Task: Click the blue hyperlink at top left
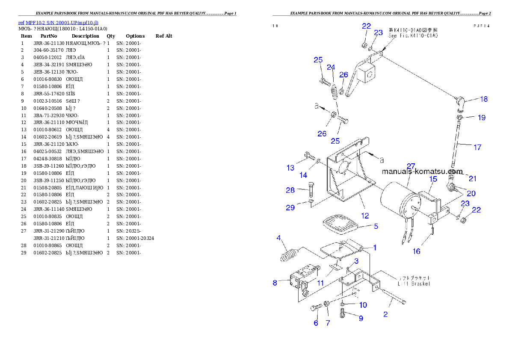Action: (58, 22)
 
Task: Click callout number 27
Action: (411, 166)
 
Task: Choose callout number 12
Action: (364, 216)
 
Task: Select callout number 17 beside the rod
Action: (477, 147)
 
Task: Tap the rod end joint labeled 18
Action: (461, 101)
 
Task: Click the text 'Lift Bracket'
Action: (414, 283)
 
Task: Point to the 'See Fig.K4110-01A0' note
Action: (413, 36)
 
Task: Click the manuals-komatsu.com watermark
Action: (422, 171)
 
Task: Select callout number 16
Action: (416, 251)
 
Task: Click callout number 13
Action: (290, 168)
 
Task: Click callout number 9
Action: (361, 318)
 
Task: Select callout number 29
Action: (290, 208)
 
